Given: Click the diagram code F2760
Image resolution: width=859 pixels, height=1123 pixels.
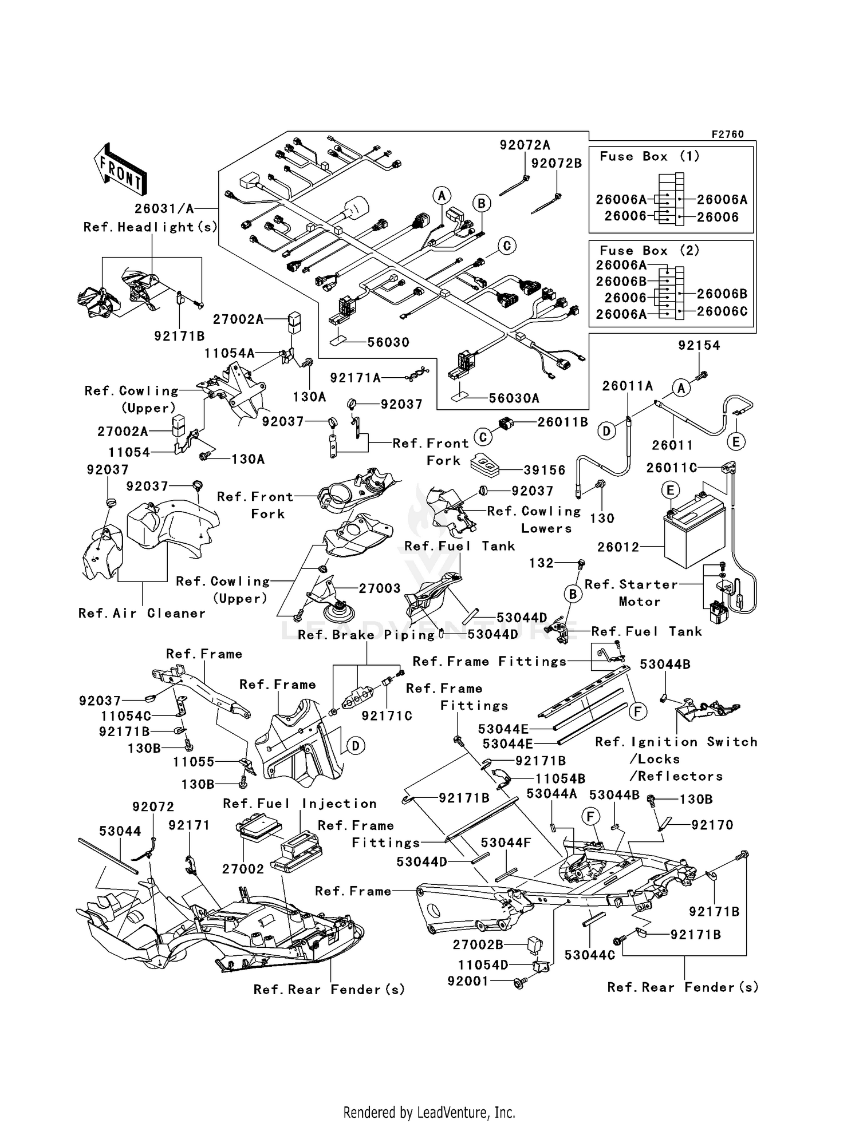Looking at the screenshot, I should [x=727, y=134].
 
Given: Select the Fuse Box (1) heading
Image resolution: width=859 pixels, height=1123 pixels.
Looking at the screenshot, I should [x=649, y=156].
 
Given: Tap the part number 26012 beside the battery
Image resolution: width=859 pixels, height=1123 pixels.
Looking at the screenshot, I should [x=618, y=547].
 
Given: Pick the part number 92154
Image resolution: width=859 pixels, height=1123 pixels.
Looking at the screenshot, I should [x=699, y=345].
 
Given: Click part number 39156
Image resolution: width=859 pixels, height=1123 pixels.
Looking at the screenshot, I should [x=544, y=470].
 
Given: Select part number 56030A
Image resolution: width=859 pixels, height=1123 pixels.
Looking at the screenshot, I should [x=514, y=398].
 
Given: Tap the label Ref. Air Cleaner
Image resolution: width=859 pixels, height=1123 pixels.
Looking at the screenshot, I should [x=141, y=613].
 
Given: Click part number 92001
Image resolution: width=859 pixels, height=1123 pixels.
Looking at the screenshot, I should [x=468, y=981].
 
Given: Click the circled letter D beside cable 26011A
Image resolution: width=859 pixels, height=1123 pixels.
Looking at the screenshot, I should [x=606, y=431].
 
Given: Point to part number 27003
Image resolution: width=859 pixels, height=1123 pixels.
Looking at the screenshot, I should [x=380, y=588].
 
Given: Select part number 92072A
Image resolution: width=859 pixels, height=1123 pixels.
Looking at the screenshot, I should [x=525, y=145].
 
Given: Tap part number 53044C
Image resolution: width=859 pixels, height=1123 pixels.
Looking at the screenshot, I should [x=589, y=955].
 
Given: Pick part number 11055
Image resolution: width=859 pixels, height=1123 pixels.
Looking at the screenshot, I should [x=194, y=761].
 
